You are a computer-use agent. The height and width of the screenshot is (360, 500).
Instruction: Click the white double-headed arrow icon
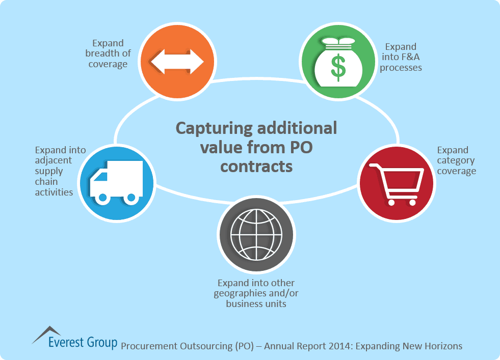tap(176, 61)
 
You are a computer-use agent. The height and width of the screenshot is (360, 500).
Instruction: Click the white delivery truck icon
tap(116, 182)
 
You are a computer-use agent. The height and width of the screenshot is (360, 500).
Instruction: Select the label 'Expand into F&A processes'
tap(401, 57)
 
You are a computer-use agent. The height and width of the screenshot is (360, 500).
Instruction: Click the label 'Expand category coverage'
tap(456, 160)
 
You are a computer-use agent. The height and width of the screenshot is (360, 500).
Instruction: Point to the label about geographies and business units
tap(256, 293)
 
